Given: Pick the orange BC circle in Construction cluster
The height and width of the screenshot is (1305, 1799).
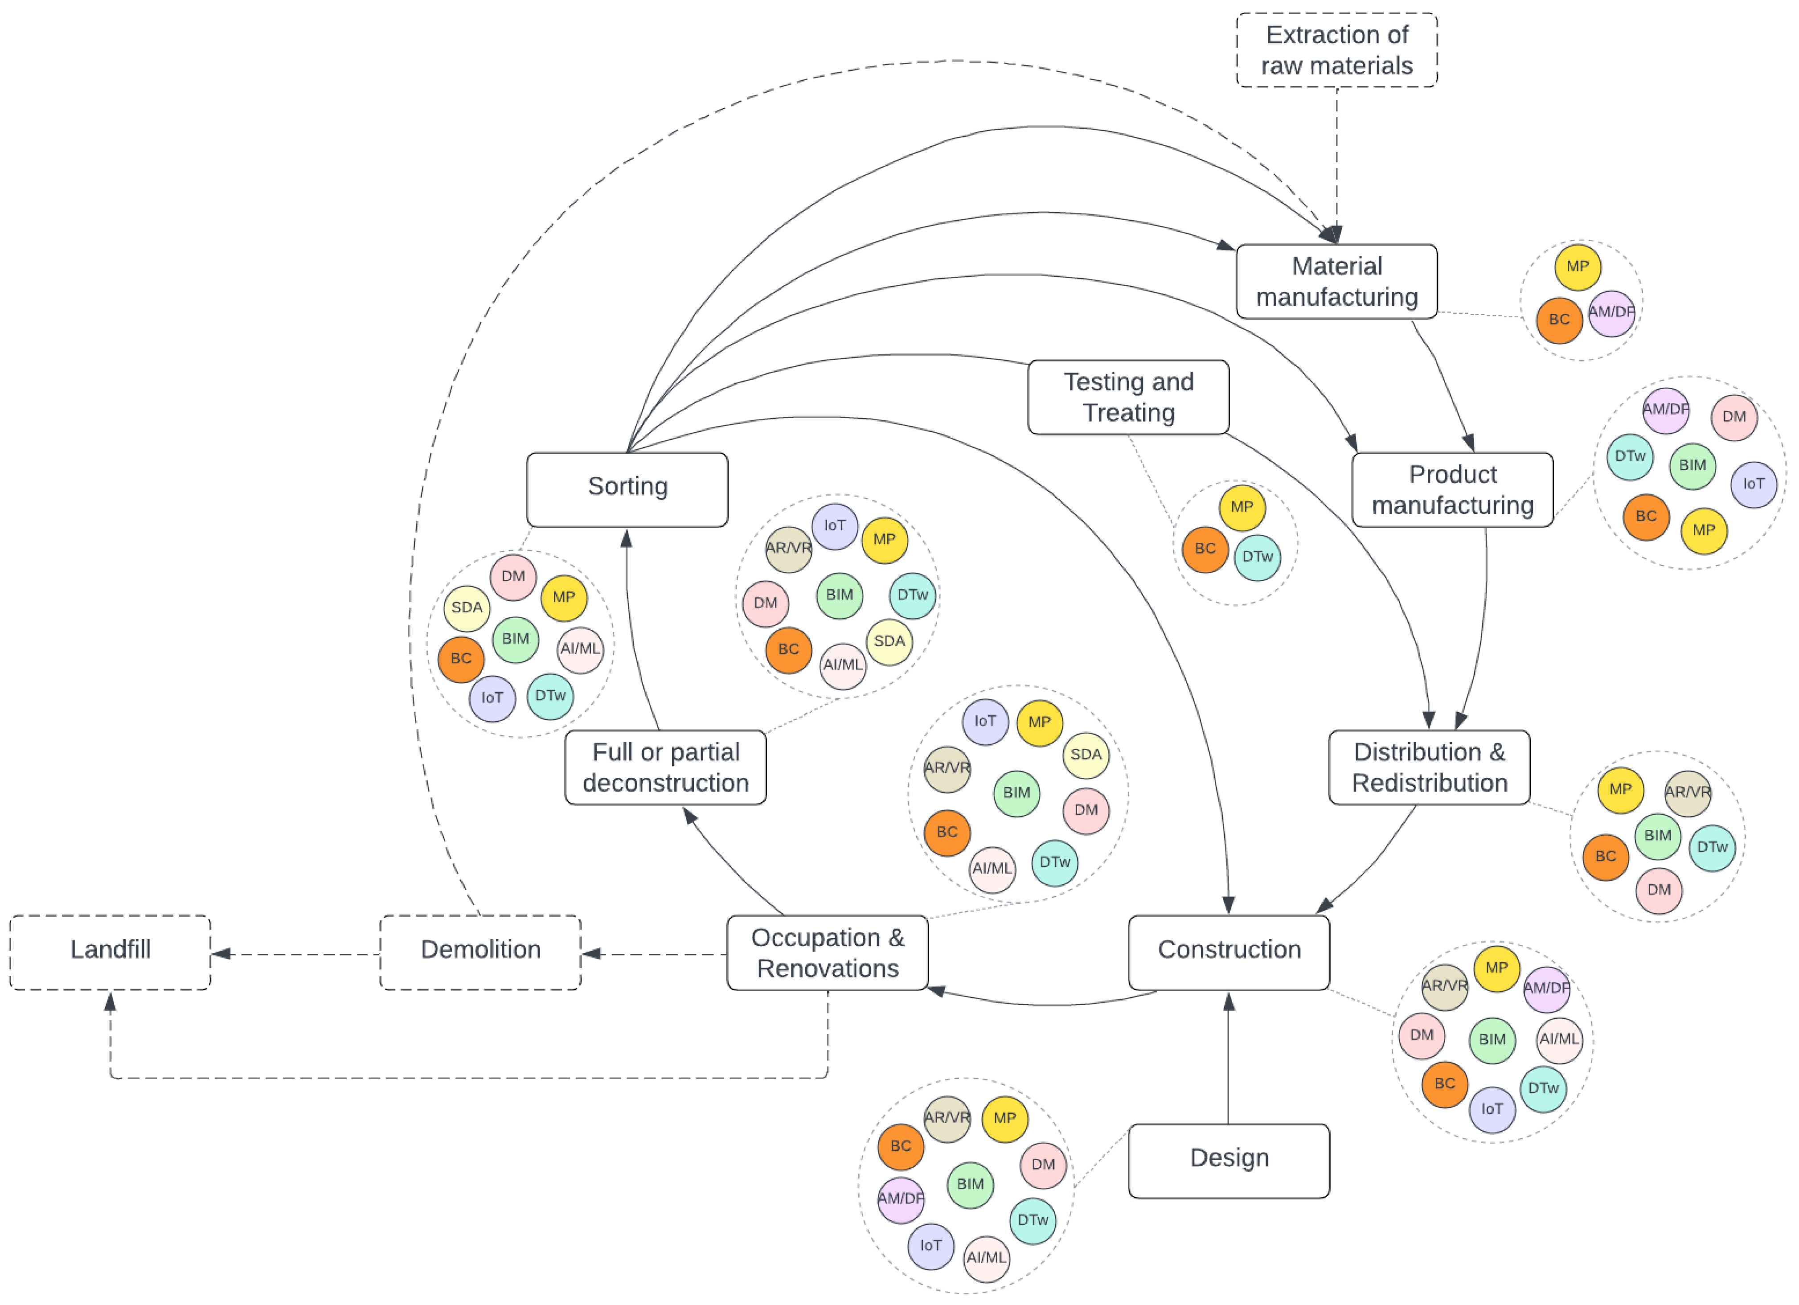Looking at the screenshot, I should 1444,1083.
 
